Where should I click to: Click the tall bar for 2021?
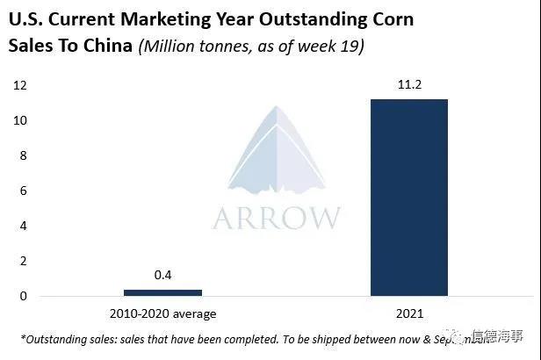pyautogui.click(x=408, y=198)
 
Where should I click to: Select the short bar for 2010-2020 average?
pyautogui.click(x=162, y=292)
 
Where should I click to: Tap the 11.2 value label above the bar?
pyautogui.click(x=408, y=85)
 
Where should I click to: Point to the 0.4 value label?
pyautogui.click(x=162, y=276)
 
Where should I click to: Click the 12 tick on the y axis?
pyautogui.click(x=20, y=85)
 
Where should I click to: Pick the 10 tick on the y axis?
pyautogui.click(x=20, y=120)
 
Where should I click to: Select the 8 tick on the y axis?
pyautogui.click(x=24, y=155)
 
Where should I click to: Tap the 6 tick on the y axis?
pyautogui.click(x=24, y=191)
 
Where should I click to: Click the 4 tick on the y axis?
pyautogui.click(x=24, y=226)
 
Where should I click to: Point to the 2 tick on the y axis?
pyautogui.click(x=24, y=261)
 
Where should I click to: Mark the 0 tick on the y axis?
pyautogui.click(x=24, y=296)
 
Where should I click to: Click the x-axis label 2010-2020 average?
pyautogui.click(x=162, y=313)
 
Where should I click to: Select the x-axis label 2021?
pyautogui.click(x=408, y=313)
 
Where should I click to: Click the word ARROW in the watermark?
pyautogui.click(x=276, y=217)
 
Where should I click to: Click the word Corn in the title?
pyautogui.click(x=390, y=18)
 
